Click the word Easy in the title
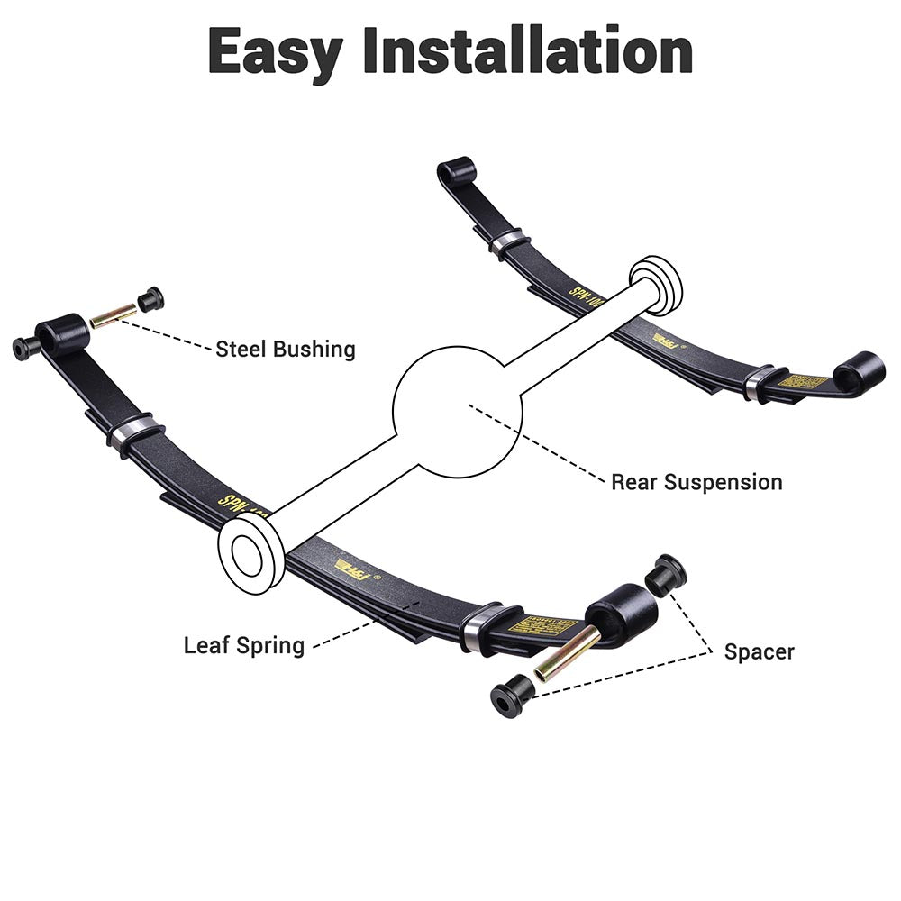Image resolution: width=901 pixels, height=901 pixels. tap(275, 51)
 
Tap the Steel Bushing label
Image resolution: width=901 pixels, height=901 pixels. tap(286, 349)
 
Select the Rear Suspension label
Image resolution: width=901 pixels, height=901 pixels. tap(696, 481)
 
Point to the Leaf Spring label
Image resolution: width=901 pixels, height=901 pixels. tap(244, 645)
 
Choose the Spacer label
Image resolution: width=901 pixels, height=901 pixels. tap(759, 651)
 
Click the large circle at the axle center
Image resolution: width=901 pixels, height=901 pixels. tap(457, 413)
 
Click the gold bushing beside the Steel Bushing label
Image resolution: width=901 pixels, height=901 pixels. tap(114, 314)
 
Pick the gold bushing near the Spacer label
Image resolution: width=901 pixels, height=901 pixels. tap(567, 653)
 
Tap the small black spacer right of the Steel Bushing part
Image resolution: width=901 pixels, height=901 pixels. tap(150, 298)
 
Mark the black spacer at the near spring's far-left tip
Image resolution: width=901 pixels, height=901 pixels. tap(25, 348)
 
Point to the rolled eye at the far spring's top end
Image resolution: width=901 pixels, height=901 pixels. tap(456, 171)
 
